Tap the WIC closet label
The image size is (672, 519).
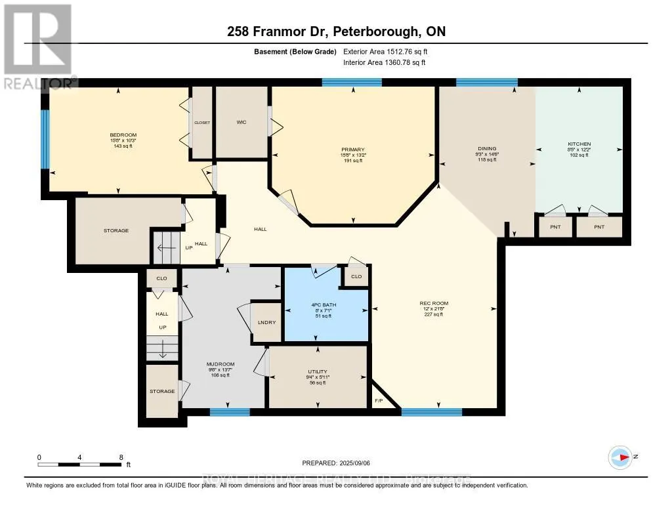241,122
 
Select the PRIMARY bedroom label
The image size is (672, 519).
353,150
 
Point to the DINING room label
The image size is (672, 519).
487,149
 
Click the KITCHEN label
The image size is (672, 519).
579,144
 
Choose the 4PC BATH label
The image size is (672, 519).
321,304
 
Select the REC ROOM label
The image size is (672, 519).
434,303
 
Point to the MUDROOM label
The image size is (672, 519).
220,364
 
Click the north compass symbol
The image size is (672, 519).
619,457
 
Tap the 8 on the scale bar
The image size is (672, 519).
120,457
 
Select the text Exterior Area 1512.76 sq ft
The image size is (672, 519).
385,51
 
